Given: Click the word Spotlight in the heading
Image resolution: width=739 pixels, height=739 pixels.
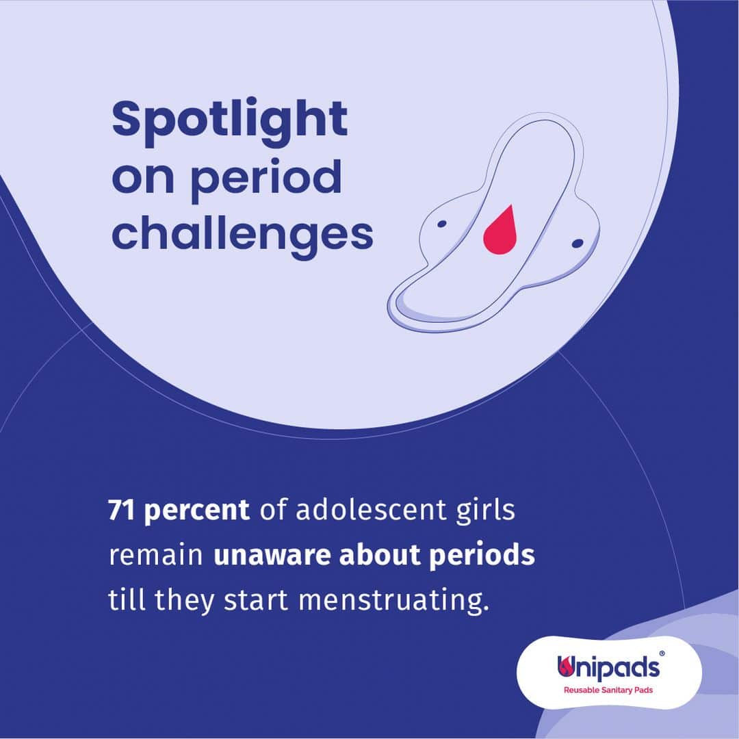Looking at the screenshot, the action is point(229,121).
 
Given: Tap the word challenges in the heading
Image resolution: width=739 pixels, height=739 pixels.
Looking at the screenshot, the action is point(242,235).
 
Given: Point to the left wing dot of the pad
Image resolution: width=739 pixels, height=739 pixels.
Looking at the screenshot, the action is point(441,224).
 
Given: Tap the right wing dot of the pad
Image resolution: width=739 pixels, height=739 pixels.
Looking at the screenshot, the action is point(578,244).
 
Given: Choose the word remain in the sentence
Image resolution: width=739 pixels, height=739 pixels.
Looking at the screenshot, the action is point(155,556).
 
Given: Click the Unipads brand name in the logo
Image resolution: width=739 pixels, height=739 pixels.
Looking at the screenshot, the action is point(608,667).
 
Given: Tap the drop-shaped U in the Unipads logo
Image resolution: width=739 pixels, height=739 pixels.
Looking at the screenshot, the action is point(565,666).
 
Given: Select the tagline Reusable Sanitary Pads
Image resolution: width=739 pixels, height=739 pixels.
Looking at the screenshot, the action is point(608,690).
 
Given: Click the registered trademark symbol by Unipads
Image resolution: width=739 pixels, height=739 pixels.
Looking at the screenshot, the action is point(662,653).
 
